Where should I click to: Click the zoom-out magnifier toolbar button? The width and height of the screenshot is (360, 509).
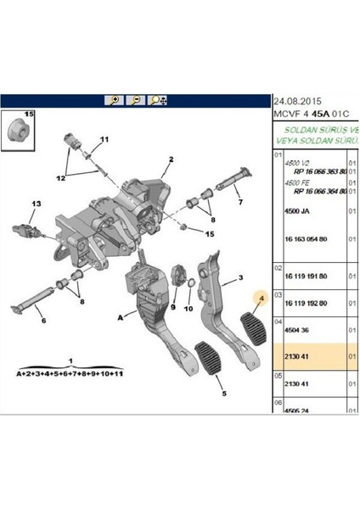(x=134, y=99)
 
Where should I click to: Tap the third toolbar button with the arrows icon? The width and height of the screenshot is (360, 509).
(x=157, y=99)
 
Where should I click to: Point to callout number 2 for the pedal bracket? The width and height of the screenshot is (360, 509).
(x=171, y=159)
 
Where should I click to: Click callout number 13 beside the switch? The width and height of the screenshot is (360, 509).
(x=36, y=204)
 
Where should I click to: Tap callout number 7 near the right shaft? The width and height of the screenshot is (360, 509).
(x=240, y=203)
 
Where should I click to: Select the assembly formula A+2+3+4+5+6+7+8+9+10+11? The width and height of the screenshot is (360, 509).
(x=70, y=372)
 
